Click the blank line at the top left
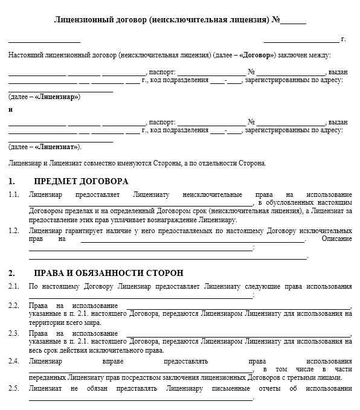[44, 42]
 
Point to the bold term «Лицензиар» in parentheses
[58, 96]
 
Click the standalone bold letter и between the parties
[10, 109]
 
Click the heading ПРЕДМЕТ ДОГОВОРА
[82, 181]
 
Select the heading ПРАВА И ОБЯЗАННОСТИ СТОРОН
[109, 273]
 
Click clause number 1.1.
[13, 194]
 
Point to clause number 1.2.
[13, 231]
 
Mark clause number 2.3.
[13, 333]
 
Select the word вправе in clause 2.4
[118, 360]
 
